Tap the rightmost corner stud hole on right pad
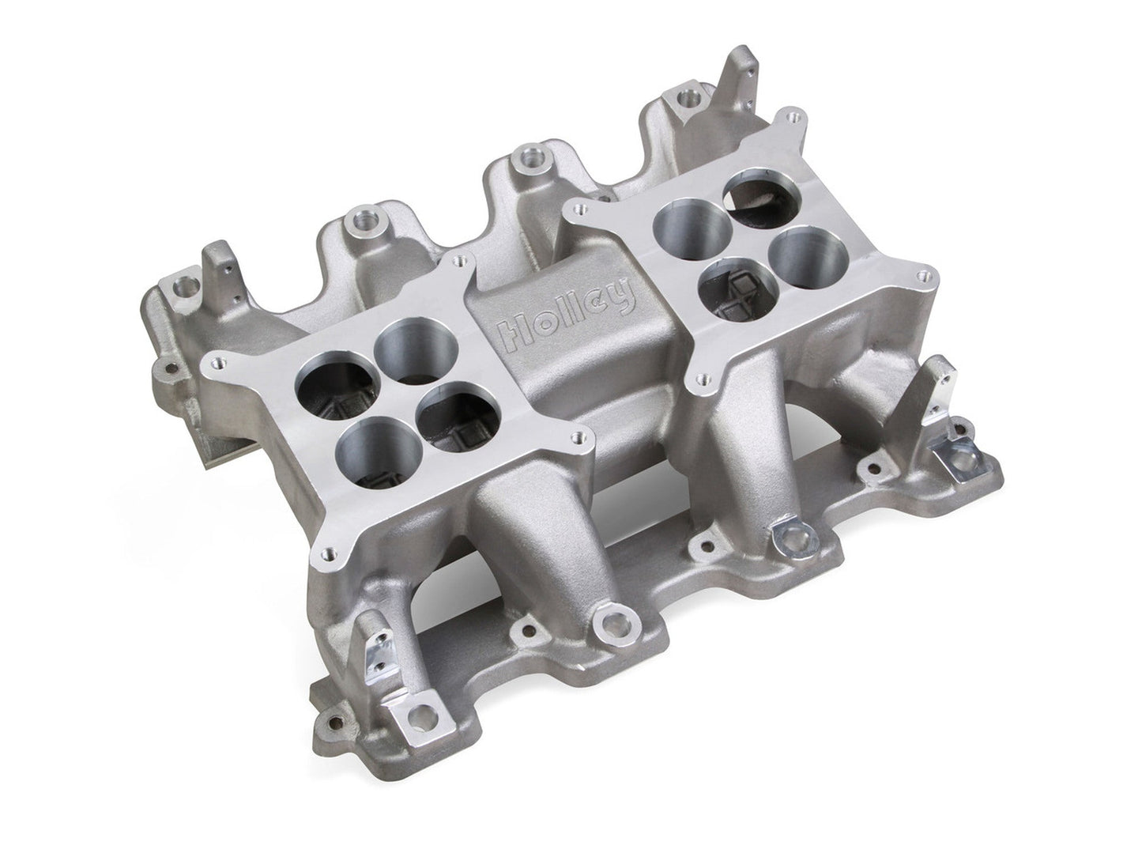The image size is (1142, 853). point(918,274)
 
